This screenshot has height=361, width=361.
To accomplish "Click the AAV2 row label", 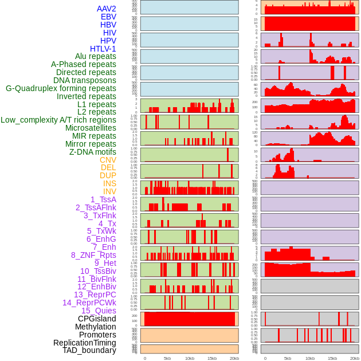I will point(106,9).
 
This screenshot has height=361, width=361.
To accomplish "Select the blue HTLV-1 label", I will point(103,49).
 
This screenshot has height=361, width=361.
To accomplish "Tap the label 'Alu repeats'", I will point(95,56).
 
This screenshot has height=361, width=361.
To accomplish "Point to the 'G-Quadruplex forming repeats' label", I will point(61,88).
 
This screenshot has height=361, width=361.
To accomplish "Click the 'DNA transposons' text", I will point(85,80).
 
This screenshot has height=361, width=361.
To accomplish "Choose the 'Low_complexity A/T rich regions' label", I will point(58,120).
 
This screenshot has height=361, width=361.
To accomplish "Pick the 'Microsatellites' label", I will point(91,128).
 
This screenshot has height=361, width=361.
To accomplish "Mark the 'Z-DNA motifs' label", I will point(92,152).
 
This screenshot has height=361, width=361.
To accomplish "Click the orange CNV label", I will point(108,160).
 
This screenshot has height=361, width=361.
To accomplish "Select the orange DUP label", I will point(108,175).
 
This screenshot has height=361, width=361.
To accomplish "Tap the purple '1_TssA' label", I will point(103,199).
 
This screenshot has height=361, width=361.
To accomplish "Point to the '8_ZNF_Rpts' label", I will point(93,255).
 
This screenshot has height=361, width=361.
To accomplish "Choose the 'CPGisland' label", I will point(97,319).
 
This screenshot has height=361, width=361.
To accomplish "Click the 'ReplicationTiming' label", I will point(84,343).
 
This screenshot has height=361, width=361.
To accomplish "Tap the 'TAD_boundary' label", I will point(89,350).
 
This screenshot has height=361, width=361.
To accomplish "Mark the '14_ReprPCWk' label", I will point(89,303).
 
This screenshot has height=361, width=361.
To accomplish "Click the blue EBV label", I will point(108,17).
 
